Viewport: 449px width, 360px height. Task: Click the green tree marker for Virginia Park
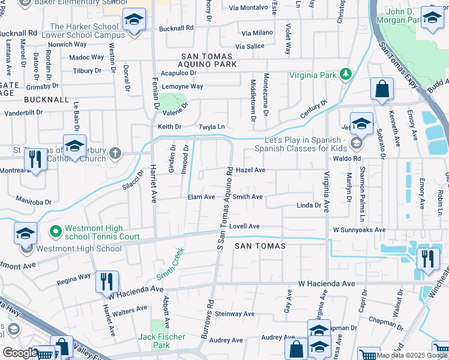click(x=345, y=74)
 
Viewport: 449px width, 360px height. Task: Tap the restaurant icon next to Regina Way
click(x=107, y=281)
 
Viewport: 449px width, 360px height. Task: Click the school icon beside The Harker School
click(x=134, y=19)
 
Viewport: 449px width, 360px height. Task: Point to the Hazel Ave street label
click(x=250, y=170)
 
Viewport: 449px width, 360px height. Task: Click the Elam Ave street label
click(x=201, y=197)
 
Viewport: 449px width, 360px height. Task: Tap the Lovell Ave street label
click(x=244, y=226)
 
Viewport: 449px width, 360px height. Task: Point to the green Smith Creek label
click(x=170, y=265)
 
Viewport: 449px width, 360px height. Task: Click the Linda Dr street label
click(x=309, y=205)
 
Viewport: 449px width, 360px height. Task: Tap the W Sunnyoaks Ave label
click(x=359, y=230)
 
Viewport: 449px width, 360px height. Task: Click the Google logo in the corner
click(x=19, y=353)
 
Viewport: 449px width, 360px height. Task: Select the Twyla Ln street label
click(x=212, y=127)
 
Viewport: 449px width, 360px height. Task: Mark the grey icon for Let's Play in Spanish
click(x=357, y=143)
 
